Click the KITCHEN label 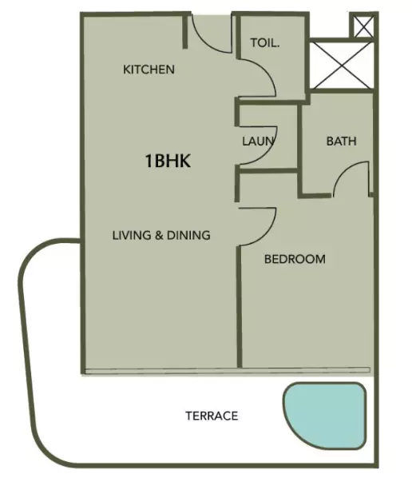click(148, 70)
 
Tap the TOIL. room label click(264, 43)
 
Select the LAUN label click(259, 141)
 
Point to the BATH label click(341, 141)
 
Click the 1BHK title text click(168, 161)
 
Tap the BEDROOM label click(295, 259)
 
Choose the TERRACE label click(212, 416)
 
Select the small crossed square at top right click(363, 26)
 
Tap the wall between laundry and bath click(299, 148)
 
